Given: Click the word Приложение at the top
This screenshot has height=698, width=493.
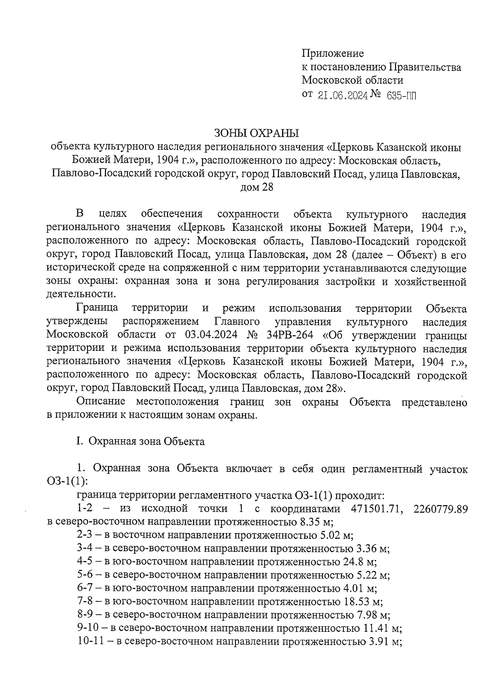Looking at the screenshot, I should [x=333, y=53].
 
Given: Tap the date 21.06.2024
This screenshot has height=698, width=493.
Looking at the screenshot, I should [x=342, y=95].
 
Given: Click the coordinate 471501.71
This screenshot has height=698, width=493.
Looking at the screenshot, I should [x=373, y=509].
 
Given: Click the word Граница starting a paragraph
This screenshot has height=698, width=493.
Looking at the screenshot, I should [x=97, y=308].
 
